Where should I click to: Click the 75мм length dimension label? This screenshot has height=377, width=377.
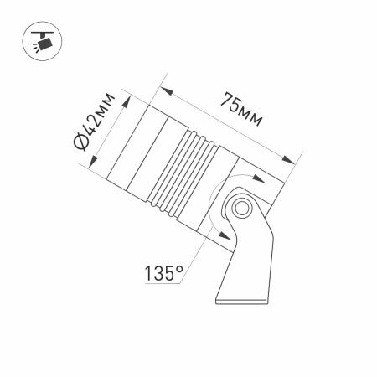pyautogui.click(x=240, y=109)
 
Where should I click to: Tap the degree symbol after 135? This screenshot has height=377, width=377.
pyautogui.click(x=180, y=268)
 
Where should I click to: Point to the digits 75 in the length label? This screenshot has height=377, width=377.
pyautogui.click(x=229, y=101)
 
